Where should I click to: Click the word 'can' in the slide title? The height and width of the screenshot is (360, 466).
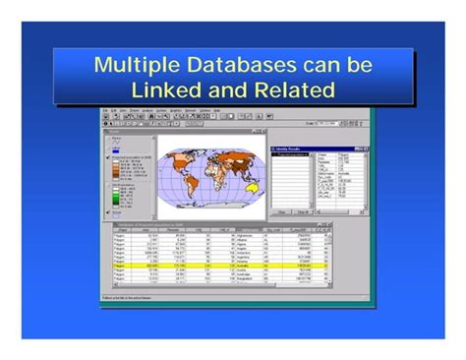(327, 66)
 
